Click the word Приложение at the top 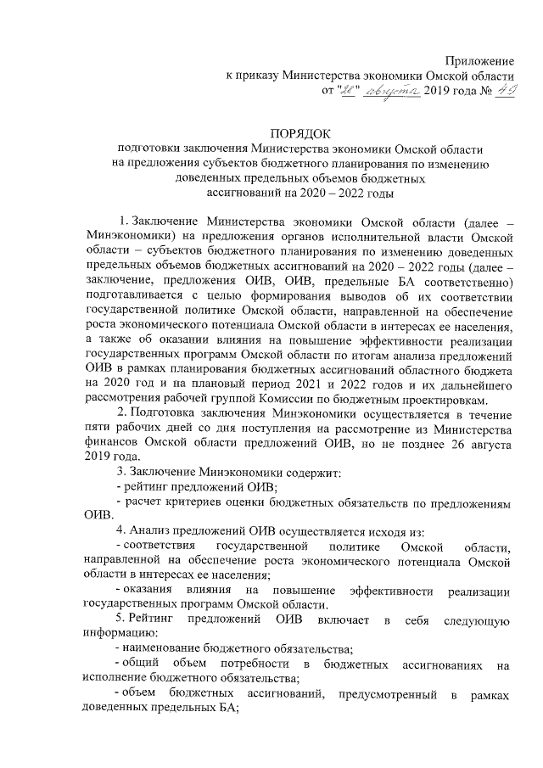[481, 61]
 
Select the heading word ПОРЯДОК [303, 133]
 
